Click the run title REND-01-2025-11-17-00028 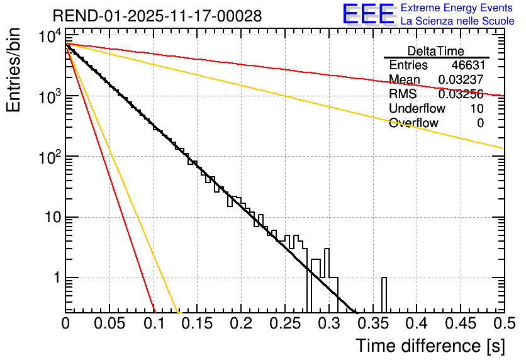click(157, 16)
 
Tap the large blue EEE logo click(368, 14)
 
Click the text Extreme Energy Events click(457, 8)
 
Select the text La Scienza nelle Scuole click(457, 21)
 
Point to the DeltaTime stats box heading click(435, 51)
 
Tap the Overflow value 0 click(480, 123)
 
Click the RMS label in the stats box click(403, 94)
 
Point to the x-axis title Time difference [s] click(429, 346)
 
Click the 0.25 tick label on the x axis click(285, 325)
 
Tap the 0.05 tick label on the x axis click(109, 325)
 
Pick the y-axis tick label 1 click(55, 278)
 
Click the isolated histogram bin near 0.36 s click(384, 294)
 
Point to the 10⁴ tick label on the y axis click(48, 37)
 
